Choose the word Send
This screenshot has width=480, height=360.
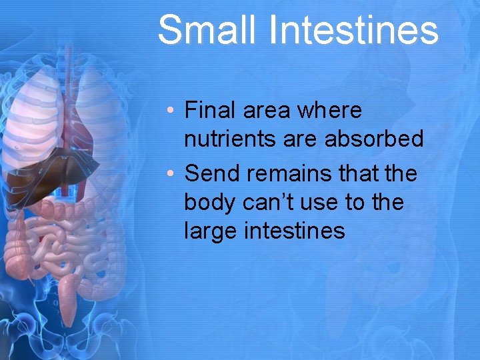(x=210, y=173)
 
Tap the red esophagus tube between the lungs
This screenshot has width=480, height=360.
(x=67, y=93)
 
